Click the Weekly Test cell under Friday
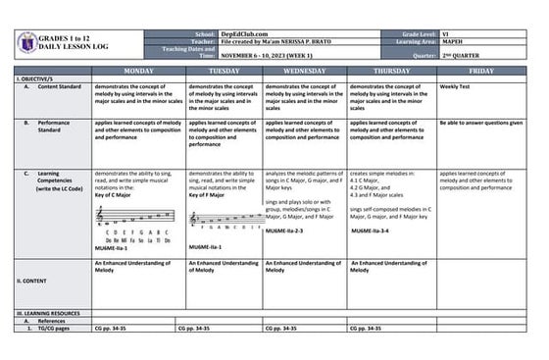point(456,86)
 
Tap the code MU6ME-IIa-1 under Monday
point(112,248)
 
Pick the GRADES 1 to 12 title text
point(73,35)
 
